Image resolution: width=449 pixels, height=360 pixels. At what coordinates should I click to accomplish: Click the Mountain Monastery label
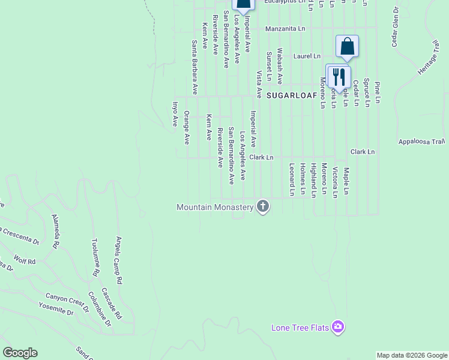coord(215,207)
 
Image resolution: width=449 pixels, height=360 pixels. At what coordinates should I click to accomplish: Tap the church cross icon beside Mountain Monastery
coord(262,206)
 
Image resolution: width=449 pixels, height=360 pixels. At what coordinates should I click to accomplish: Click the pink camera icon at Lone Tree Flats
coord(338,327)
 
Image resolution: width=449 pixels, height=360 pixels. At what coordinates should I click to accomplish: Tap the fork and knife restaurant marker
coord(339,77)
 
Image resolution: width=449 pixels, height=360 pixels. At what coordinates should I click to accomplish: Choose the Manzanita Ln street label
coord(285,28)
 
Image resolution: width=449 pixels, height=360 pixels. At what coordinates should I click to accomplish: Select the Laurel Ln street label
coord(307,56)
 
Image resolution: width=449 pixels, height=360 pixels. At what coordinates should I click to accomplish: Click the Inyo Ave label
coord(176,113)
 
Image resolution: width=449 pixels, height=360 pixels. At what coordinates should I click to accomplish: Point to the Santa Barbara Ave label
coord(194,67)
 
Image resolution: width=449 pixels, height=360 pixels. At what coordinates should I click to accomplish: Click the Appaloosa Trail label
coord(421,142)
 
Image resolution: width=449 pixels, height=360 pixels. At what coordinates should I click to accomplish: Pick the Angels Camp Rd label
coord(119,260)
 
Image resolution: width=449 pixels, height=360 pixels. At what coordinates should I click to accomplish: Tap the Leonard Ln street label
coord(292,179)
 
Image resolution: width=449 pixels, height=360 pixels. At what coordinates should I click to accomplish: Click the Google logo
coord(20,353)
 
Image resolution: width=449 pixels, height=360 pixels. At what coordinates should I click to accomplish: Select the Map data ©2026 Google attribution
coord(412,355)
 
